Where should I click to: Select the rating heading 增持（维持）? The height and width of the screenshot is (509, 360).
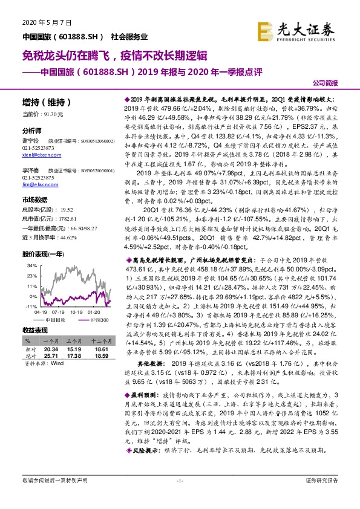[x=46, y=102]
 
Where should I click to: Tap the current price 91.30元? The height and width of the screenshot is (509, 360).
[x=52, y=114]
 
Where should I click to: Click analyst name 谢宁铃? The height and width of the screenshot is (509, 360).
[x=31, y=139]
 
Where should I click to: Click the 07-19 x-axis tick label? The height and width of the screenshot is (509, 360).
[x=59, y=313]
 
